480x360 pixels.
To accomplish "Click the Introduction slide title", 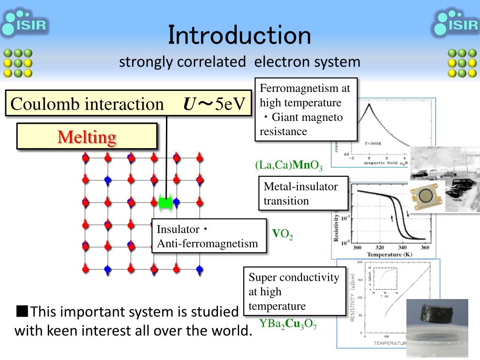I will pyautogui.click(x=240, y=36).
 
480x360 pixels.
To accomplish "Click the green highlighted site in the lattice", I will pyautogui.click(x=165, y=202).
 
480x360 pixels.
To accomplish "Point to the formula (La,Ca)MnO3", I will pyautogui.click(x=289, y=165).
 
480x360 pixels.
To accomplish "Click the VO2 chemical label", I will pyautogui.click(x=283, y=234).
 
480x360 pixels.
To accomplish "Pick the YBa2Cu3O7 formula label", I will pyautogui.click(x=288, y=324).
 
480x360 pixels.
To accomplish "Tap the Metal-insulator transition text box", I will pyautogui.click(x=303, y=194).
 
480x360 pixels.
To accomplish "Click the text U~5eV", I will pyautogui.click(x=215, y=104).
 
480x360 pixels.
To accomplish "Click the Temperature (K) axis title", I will pyautogui.click(x=390, y=255).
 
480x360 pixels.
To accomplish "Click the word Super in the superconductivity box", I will pyautogui.click(x=262, y=277).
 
